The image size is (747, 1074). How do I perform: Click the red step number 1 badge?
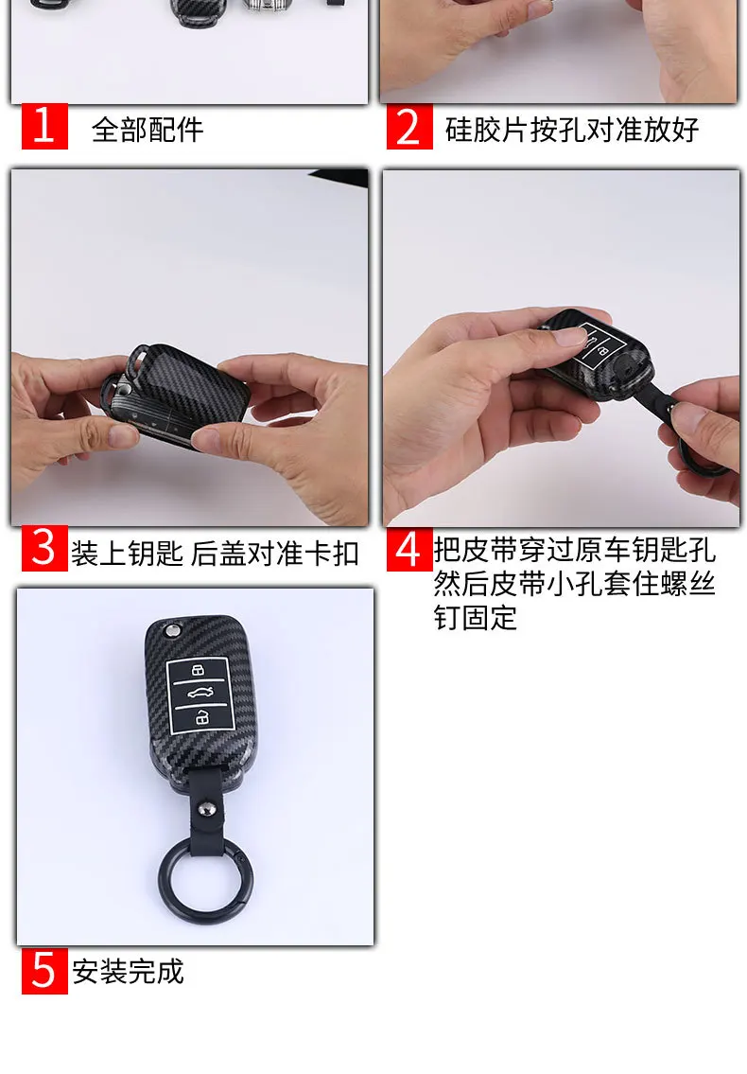[44, 127]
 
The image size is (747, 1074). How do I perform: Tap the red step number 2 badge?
[409, 127]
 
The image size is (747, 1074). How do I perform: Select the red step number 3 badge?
[44, 550]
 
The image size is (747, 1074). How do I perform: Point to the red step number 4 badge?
[408, 550]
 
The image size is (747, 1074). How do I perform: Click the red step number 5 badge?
[44, 970]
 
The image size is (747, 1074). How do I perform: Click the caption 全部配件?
[148, 129]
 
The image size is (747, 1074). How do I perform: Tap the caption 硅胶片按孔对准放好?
[572, 129]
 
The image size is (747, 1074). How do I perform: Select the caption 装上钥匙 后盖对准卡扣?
[215, 553]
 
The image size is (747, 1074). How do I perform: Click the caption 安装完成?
[129, 971]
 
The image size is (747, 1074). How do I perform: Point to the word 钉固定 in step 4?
[476, 618]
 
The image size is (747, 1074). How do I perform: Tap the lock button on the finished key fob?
[200, 673]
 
